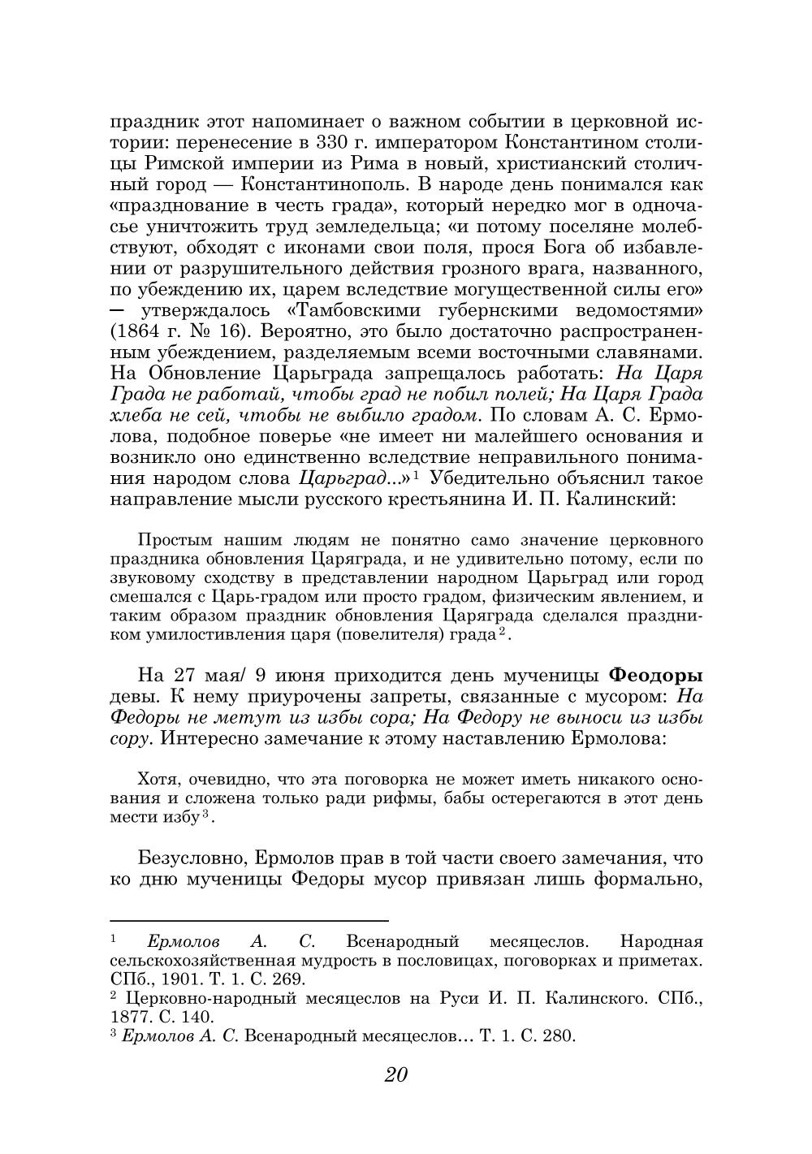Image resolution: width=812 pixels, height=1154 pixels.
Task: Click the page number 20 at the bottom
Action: pyautogui.click(x=396, y=1074)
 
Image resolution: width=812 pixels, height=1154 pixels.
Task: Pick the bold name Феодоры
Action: pyautogui.click(x=655, y=675)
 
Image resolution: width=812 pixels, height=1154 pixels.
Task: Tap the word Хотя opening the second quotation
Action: pyautogui.click(x=156, y=779)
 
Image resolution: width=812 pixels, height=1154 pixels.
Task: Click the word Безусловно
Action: pyautogui.click(x=191, y=858)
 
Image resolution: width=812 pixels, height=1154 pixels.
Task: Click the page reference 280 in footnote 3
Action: pyautogui.click(x=558, y=1035)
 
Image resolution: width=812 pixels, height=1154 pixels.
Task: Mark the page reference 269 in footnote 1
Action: pyautogui.click(x=287, y=979)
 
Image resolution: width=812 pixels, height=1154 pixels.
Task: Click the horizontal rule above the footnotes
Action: pyautogui.click(x=248, y=921)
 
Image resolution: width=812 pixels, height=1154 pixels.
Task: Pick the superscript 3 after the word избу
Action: pyautogui.click(x=206, y=814)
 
